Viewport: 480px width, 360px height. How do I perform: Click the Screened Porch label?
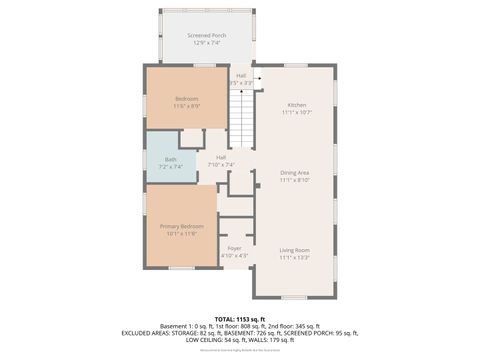pyautogui.click(x=207, y=36)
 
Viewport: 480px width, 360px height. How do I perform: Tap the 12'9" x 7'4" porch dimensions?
pyautogui.click(x=207, y=43)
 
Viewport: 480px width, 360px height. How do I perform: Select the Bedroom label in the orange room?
pyautogui.click(x=187, y=98)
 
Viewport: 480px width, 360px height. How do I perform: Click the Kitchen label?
pyautogui.click(x=297, y=105)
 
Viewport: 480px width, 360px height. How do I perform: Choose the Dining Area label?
pyautogui.click(x=294, y=172)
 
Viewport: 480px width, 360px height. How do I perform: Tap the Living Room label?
pyautogui.click(x=294, y=249)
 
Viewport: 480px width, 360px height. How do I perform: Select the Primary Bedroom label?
pyautogui.click(x=181, y=226)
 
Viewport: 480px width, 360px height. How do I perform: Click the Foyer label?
pyautogui.click(x=234, y=248)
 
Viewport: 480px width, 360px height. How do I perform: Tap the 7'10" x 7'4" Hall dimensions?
pyautogui.click(x=221, y=165)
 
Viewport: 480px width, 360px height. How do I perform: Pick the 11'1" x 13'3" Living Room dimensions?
pyautogui.click(x=294, y=257)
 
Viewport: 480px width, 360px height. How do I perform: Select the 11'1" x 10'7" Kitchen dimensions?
pyautogui.click(x=297, y=113)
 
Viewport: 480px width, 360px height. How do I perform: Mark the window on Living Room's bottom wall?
pyautogui.click(x=293, y=298)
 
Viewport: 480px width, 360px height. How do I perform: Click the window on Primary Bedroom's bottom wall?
pyautogui.click(x=181, y=268)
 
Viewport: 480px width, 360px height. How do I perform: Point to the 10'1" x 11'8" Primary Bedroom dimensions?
pyautogui.click(x=181, y=234)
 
